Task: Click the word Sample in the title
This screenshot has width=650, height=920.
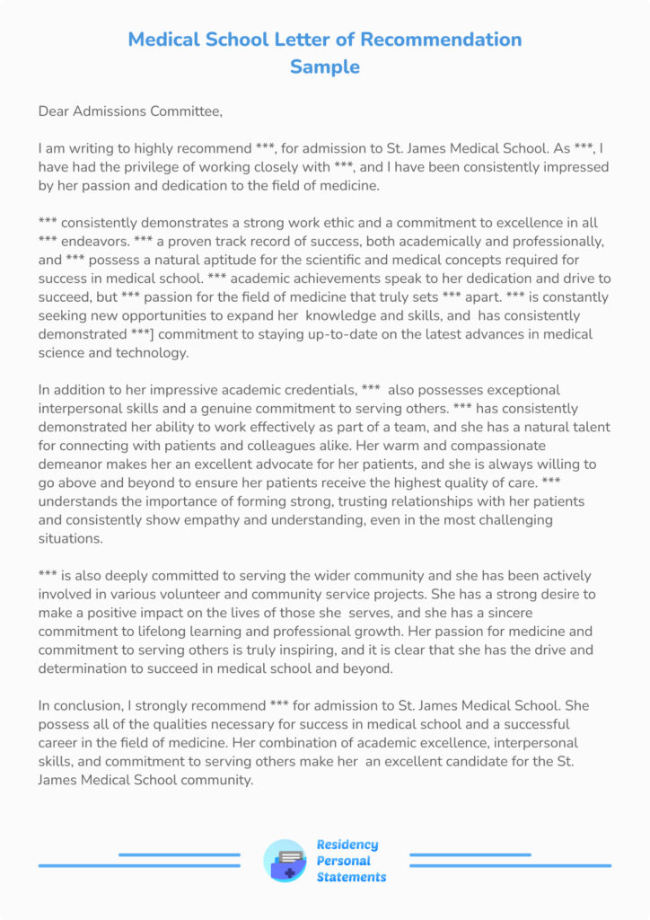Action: pos(324,66)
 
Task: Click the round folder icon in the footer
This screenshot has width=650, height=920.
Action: pos(285,861)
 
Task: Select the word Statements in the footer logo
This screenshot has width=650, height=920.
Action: pos(351,877)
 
